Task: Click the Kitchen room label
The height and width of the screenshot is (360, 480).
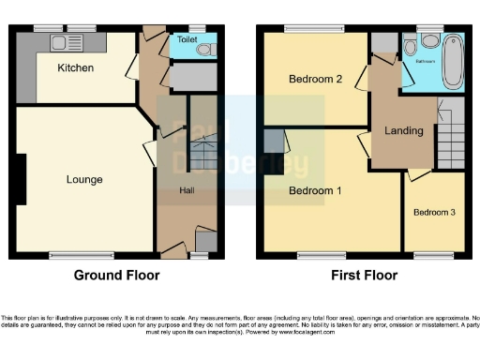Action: (x=74, y=67)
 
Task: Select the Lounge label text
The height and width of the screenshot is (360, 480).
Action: (x=83, y=179)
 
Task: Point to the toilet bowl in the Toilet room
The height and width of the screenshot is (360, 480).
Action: (x=206, y=49)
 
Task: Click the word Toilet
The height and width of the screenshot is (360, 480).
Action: (x=188, y=41)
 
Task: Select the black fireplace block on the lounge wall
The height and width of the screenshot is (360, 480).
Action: (x=22, y=179)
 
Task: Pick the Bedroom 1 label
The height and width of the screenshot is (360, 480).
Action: (x=315, y=191)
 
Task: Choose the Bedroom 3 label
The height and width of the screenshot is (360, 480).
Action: (x=434, y=212)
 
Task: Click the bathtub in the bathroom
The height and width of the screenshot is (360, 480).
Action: (x=453, y=59)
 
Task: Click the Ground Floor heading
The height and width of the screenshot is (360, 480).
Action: (x=116, y=276)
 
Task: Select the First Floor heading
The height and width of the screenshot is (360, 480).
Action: (x=364, y=276)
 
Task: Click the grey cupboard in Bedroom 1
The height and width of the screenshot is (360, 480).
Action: (x=272, y=142)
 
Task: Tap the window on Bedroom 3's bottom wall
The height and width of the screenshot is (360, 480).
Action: (x=433, y=254)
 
